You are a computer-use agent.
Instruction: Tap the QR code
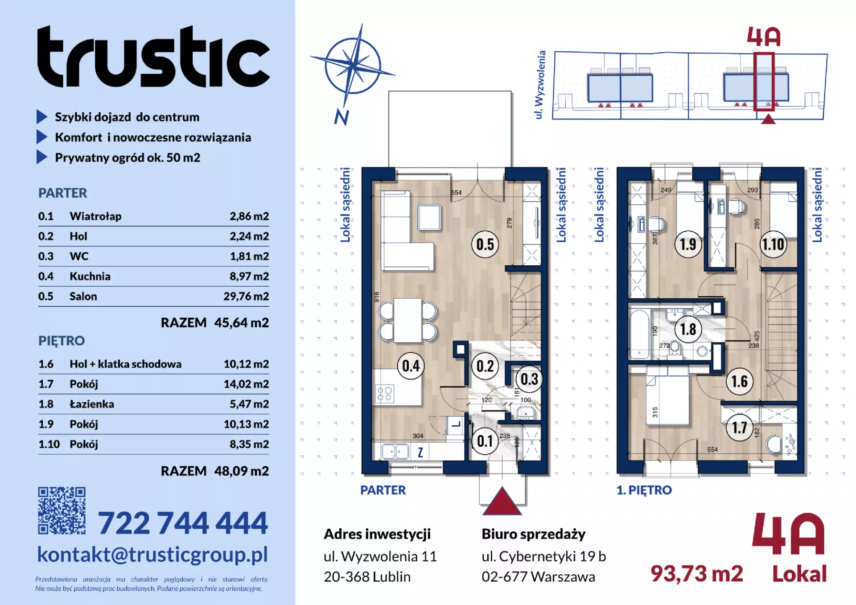tap(62, 510)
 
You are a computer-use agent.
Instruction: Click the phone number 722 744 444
tap(183, 523)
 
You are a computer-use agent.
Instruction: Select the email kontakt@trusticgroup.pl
tap(152, 555)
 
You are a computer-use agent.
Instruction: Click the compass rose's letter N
tap(342, 117)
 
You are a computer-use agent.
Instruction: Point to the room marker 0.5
tap(485, 244)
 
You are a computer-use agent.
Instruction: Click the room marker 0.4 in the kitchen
tap(411, 366)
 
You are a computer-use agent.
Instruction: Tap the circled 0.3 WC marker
tap(529, 379)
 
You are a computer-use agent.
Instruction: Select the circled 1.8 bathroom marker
tap(688, 329)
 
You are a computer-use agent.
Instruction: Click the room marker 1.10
tap(773, 244)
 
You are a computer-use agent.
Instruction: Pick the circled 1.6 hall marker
tap(739, 381)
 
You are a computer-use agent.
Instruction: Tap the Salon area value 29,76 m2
tap(246, 296)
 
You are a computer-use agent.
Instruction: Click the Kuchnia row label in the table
tap(90, 276)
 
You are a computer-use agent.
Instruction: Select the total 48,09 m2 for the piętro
tap(241, 471)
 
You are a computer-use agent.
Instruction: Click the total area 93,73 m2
tap(696, 573)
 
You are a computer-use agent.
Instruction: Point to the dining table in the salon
tap(407, 321)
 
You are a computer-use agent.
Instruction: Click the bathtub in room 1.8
tap(639, 334)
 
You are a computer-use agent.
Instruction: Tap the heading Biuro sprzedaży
tap(533, 534)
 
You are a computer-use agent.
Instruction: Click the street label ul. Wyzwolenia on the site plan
tap(539, 85)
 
